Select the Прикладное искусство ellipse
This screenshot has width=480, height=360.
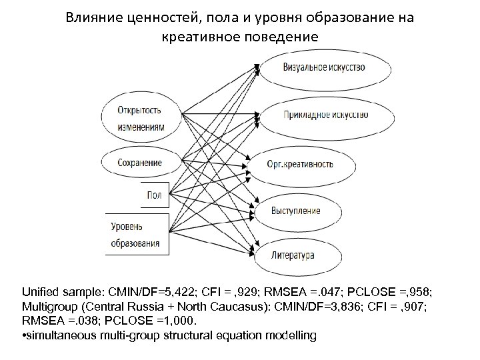tap(325, 115)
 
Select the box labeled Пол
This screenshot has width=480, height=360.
tap(154, 194)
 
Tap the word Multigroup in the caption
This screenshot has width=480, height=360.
tap(49, 307)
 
